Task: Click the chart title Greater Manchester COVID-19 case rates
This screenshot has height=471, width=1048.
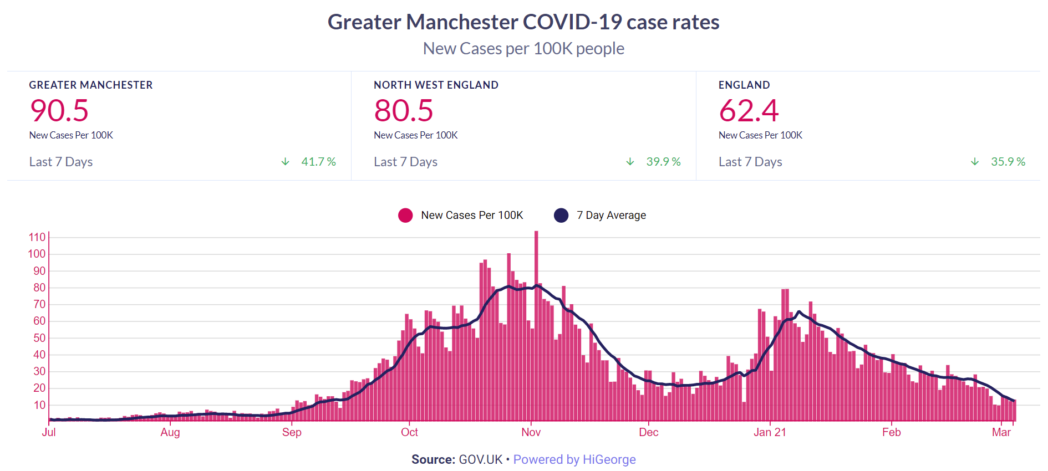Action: point(523,22)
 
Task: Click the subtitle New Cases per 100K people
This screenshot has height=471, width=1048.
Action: point(523,49)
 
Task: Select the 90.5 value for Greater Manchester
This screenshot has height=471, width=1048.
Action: point(59,110)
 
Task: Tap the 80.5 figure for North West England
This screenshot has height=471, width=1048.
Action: point(404,110)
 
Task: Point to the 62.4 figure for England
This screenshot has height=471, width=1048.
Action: point(749,110)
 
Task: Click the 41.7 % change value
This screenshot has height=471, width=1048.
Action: point(318,162)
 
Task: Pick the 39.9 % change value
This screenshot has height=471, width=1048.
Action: point(663,162)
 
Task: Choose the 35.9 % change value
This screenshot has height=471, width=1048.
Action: point(1008,162)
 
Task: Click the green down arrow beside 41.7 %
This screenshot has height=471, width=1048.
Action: point(286,162)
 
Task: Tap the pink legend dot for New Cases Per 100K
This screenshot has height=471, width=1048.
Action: point(405,216)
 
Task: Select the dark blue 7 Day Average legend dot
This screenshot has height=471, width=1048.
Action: point(561,216)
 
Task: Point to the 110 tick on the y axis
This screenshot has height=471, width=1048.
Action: point(37,237)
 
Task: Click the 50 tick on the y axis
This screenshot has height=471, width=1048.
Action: point(39,338)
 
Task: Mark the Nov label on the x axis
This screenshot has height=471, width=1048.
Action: point(531,433)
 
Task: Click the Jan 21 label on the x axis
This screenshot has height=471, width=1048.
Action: point(770,433)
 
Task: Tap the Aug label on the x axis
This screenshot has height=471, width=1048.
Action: point(170,433)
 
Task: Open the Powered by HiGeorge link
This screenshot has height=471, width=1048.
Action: point(574,460)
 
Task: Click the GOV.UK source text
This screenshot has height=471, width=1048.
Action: point(481,460)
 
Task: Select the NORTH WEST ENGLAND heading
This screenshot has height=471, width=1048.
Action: point(436,85)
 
